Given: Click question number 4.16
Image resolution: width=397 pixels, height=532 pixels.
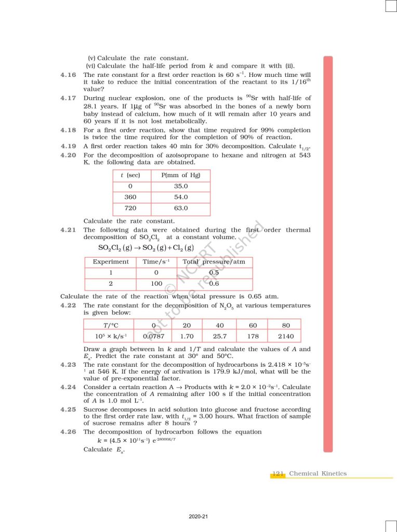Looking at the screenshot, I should point(69,75).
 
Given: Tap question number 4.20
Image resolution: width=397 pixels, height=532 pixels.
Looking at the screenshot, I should point(69,155).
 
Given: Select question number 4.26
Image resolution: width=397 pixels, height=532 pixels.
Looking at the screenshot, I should point(69,432).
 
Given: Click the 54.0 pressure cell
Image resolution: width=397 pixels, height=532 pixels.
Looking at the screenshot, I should point(181,197).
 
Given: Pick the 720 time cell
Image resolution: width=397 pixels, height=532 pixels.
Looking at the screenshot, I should point(130,208).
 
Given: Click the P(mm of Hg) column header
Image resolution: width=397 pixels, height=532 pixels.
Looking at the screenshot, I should point(181,175).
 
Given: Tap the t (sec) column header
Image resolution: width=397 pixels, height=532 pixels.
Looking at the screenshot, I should point(130,175).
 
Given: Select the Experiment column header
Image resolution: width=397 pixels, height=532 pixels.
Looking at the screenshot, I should point(111,262).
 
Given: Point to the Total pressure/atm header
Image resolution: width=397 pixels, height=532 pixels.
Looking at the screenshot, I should point(214,262).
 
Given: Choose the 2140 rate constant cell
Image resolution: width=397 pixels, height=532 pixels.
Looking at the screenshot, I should point(285,336).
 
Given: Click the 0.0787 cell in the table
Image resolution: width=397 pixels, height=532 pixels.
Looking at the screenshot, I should point(154,336).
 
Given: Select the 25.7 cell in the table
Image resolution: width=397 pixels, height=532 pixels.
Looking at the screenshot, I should point(220,336).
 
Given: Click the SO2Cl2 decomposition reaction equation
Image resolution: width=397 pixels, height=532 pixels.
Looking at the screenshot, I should point(146,248).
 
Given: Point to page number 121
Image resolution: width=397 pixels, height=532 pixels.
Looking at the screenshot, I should point(277,474).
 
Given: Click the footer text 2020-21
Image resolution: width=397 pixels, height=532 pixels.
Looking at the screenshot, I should point(198,516).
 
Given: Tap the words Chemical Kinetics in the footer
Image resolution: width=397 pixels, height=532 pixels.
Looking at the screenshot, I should point(317,474).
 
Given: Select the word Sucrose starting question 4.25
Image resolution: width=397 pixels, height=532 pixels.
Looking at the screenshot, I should point(98,410).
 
